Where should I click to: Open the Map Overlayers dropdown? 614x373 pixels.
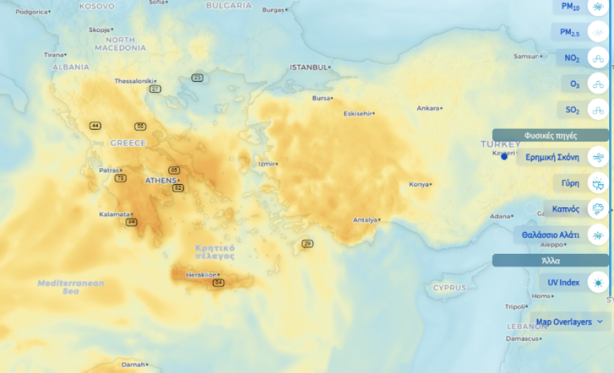click(568, 322)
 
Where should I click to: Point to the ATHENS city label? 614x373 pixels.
click(161, 181)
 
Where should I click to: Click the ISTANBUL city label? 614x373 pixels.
click(308, 67)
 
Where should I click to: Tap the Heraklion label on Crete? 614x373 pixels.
click(202, 275)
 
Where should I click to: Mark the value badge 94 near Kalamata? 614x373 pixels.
click(132, 222)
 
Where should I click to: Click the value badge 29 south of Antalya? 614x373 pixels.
click(308, 243)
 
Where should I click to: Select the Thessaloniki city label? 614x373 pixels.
click(133, 81)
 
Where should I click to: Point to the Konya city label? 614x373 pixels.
click(418, 184)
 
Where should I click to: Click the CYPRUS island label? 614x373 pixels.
click(449, 287)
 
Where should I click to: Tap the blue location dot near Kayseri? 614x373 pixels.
click(504, 157)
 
